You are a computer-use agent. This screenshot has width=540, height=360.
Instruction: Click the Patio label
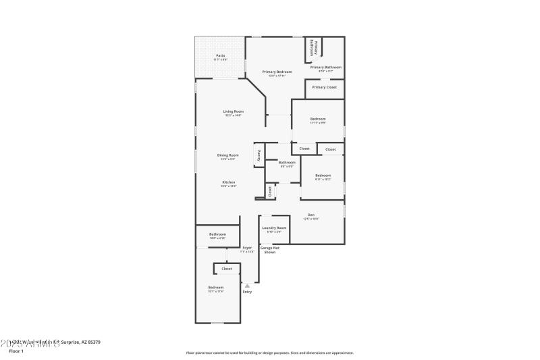[x=220, y=55]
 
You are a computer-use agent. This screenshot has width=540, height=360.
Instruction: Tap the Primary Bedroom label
[x=277, y=72]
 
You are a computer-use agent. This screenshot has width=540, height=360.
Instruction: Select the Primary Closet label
[x=324, y=87]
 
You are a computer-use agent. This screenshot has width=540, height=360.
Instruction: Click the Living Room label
[x=234, y=111]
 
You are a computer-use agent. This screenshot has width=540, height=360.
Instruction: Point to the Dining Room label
[x=227, y=155]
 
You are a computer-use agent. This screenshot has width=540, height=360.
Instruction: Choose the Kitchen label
[x=229, y=182]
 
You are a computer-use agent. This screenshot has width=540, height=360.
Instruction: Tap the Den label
[x=311, y=215]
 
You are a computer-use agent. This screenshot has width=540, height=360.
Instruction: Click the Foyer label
[x=247, y=248]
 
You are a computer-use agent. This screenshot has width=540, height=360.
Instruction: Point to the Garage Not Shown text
[x=270, y=250]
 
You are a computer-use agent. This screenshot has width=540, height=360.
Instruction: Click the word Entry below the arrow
[x=247, y=292]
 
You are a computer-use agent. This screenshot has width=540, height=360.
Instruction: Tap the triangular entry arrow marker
[x=247, y=286]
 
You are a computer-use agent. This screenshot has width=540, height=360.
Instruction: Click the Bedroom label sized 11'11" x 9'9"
[x=318, y=119]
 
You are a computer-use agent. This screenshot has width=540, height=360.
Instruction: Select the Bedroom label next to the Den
[x=323, y=176]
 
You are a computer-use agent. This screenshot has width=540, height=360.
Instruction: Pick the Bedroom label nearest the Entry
[x=215, y=288]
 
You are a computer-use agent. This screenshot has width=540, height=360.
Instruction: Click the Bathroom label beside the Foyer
[x=217, y=234]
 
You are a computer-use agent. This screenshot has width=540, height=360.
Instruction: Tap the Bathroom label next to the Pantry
[x=287, y=162]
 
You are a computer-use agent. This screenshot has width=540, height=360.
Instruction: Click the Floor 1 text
[x=16, y=351]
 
